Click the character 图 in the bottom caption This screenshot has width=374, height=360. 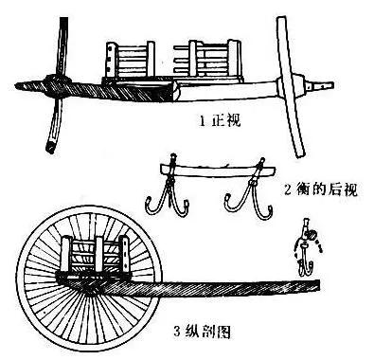coord(221,333)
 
